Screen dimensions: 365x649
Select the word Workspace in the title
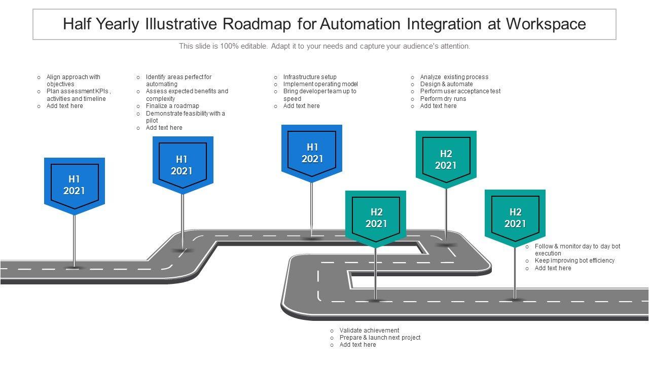(546, 24)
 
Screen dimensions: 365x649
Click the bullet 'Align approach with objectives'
(73, 81)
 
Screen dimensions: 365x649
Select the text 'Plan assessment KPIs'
(78, 91)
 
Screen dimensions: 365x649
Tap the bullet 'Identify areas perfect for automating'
(178, 81)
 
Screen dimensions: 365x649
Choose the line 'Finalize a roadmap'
(172, 106)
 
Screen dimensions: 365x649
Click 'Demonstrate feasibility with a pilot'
(185, 117)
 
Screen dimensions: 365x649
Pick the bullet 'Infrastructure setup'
(310, 77)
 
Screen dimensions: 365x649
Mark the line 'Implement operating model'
(320, 84)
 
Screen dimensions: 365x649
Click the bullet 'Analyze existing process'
(454, 77)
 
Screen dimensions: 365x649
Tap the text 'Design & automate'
(446, 84)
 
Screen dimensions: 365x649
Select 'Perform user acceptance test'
(460, 91)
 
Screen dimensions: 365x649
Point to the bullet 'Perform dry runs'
(443, 99)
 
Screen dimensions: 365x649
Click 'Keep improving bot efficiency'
(574, 261)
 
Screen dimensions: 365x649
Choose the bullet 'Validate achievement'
(369, 331)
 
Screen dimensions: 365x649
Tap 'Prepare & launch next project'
(380, 338)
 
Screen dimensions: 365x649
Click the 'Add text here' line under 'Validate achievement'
(357, 345)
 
